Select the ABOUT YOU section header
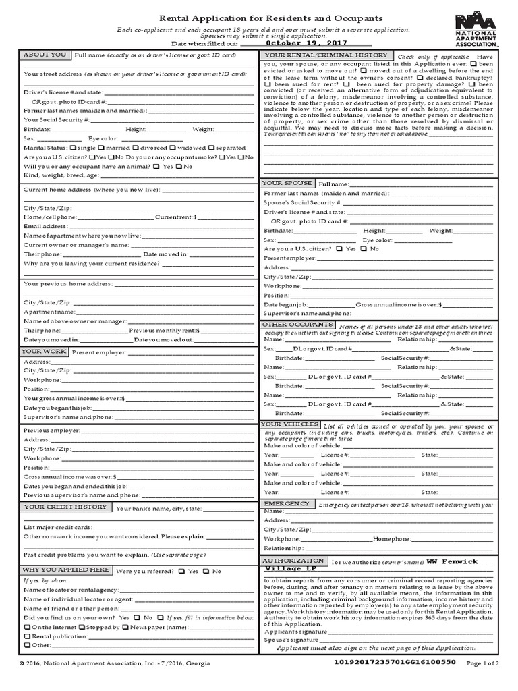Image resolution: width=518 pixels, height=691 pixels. pos(45,55)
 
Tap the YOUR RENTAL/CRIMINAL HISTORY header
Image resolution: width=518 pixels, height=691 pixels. pos(326,55)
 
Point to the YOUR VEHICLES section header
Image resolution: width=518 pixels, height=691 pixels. pos(290,424)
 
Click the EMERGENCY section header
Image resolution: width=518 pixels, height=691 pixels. pos(287,503)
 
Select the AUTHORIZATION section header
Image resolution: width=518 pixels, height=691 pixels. pos(293,561)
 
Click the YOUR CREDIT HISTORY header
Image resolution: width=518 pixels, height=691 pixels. pos(65,507)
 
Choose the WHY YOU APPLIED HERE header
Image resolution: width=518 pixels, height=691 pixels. pos(66,570)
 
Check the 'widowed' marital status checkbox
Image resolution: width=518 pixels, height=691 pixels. pos(172,148)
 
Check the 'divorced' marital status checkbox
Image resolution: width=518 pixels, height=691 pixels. pos(136,148)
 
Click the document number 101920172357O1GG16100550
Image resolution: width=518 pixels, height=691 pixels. pos(395,663)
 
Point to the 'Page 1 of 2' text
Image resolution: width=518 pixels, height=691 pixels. pos(482,663)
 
